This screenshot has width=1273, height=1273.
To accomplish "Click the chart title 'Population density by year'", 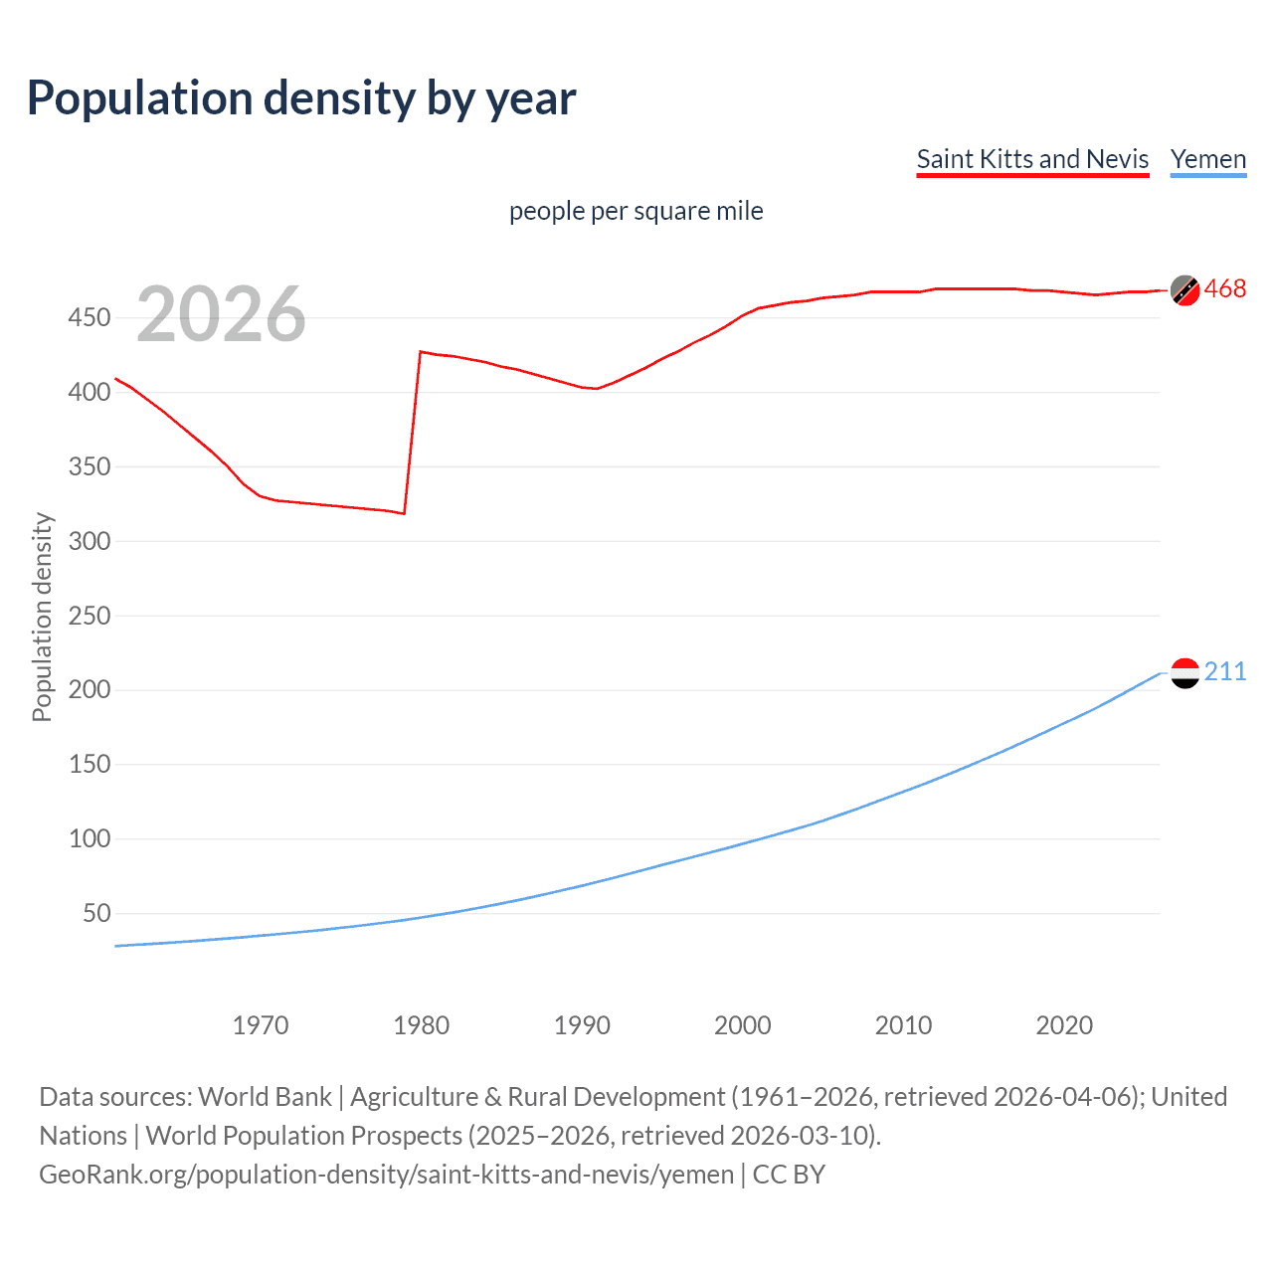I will click(301, 98).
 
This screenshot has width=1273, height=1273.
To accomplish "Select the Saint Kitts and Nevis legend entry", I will click(1032, 159).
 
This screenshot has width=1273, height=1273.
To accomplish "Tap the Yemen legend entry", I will click(1207, 159).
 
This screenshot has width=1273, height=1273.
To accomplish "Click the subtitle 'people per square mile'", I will click(636, 211).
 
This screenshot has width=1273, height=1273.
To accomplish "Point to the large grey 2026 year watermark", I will click(221, 314).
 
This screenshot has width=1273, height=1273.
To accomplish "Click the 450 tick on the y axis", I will click(90, 318).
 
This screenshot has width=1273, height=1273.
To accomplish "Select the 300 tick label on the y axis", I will click(90, 541).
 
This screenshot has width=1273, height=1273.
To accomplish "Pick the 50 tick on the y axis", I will click(96, 913).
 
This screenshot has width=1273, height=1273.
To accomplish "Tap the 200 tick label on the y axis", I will click(90, 689).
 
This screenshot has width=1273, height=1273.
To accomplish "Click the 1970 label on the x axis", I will click(261, 1025).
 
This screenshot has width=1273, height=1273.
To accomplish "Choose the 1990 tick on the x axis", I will click(582, 1025).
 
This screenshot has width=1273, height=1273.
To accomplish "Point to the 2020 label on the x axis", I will click(1064, 1025).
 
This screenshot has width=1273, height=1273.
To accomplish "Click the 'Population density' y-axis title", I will click(42, 617).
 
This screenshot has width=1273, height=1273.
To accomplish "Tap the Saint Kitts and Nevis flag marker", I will click(1184, 289).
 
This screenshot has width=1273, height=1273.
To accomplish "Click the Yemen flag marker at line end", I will click(1184, 673).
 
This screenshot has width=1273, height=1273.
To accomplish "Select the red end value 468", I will click(1225, 289).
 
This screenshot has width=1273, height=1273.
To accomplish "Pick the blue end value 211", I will click(1225, 672).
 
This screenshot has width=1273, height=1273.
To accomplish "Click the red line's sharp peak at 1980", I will click(421, 352).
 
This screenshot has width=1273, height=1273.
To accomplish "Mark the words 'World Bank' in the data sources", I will click(265, 1096).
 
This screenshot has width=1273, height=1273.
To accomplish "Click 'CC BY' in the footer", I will click(789, 1175).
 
